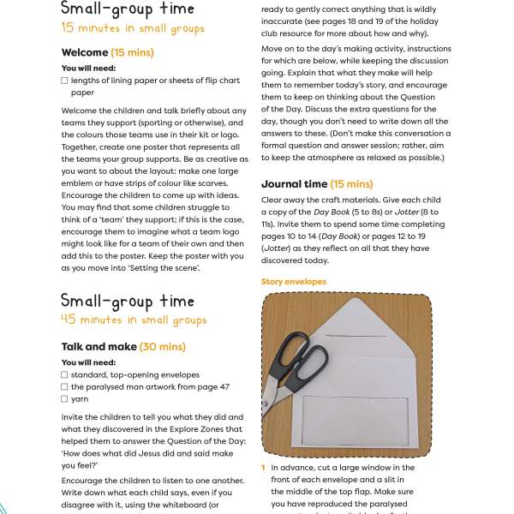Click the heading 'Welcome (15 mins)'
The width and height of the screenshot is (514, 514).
[x=107, y=53]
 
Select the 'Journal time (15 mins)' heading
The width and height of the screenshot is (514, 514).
[x=316, y=183]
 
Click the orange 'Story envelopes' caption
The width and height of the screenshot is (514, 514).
[x=293, y=281]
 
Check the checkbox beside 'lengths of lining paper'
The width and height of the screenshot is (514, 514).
[x=65, y=81]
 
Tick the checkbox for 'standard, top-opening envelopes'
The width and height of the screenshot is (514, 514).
[x=65, y=374]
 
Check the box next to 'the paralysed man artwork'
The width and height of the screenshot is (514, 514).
[x=65, y=386]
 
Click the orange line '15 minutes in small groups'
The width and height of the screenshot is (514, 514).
[x=133, y=28]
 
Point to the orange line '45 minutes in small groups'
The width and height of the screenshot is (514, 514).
[x=134, y=320]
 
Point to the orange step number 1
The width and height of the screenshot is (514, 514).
[x=264, y=468]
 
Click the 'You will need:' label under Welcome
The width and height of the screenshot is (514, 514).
[x=88, y=68]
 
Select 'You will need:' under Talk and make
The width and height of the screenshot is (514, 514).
[x=88, y=362]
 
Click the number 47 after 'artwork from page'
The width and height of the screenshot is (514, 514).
[x=224, y=386]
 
